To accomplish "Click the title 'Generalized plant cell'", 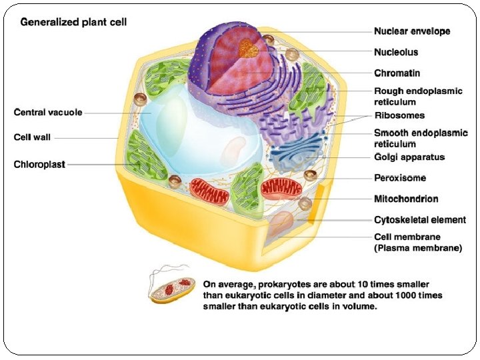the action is click(73, 22).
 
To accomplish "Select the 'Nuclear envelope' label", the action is click(412, 31).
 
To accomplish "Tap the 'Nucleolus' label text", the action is click(396, 52).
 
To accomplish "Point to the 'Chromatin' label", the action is click(397, 73).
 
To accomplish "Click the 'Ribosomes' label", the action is click(399, 115).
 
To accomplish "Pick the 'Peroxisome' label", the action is click(400, 178).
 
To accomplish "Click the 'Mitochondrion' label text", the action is click(406, 199).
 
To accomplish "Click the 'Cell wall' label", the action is click(32, 137).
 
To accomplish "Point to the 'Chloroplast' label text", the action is click(39, 164).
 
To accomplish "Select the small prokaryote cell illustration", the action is click(172, 288).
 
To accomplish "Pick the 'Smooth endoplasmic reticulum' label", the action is click(421, 138).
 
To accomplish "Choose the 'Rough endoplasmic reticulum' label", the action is click(418, 96).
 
